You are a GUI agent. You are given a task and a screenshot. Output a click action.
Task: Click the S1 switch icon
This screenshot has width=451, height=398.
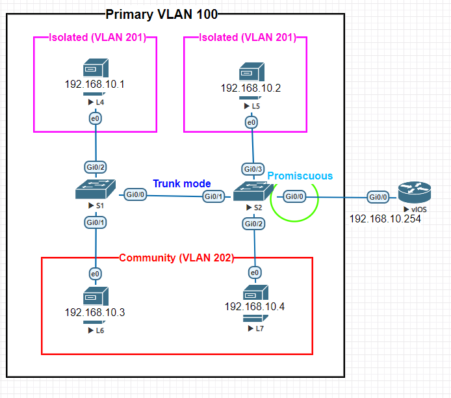96,190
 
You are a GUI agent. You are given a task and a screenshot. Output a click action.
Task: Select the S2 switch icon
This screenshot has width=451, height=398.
254,191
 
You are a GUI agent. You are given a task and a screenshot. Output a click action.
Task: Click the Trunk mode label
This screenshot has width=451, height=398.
182,183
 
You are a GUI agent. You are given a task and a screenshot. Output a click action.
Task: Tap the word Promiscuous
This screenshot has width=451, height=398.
300,176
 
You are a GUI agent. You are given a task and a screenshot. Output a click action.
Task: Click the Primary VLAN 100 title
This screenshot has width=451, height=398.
162,14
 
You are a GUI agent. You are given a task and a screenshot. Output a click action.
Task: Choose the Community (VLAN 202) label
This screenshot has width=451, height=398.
176,258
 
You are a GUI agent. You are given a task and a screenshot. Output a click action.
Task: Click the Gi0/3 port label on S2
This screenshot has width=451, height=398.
253,169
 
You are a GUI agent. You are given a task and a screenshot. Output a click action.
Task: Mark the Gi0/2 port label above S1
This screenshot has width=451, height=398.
96,166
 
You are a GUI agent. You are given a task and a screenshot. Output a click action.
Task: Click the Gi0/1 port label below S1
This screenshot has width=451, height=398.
96,222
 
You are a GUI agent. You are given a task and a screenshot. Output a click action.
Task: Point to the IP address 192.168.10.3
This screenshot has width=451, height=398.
95,313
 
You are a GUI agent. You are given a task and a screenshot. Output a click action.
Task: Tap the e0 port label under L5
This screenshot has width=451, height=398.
251,122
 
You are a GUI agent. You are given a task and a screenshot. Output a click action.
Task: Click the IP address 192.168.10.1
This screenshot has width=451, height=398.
94,85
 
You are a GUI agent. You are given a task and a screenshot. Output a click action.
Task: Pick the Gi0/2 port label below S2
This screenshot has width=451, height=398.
254,223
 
